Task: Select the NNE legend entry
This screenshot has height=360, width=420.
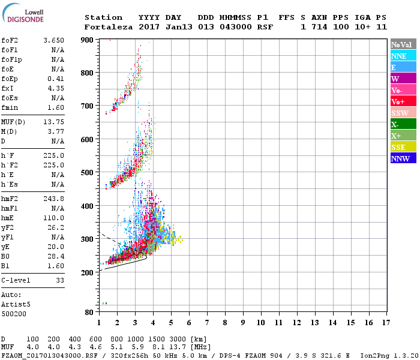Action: [399, 56]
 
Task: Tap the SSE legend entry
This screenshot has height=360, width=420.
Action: [399, 147]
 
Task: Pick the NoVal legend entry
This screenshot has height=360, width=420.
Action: [400, 44]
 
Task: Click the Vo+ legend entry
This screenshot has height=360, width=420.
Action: [398, 101]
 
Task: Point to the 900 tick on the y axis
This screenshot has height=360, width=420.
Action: [88, 40]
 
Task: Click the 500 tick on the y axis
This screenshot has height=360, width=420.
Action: [88, 173]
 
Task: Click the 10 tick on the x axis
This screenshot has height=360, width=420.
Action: [260, 323]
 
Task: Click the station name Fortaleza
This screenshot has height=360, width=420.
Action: [109, 27]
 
